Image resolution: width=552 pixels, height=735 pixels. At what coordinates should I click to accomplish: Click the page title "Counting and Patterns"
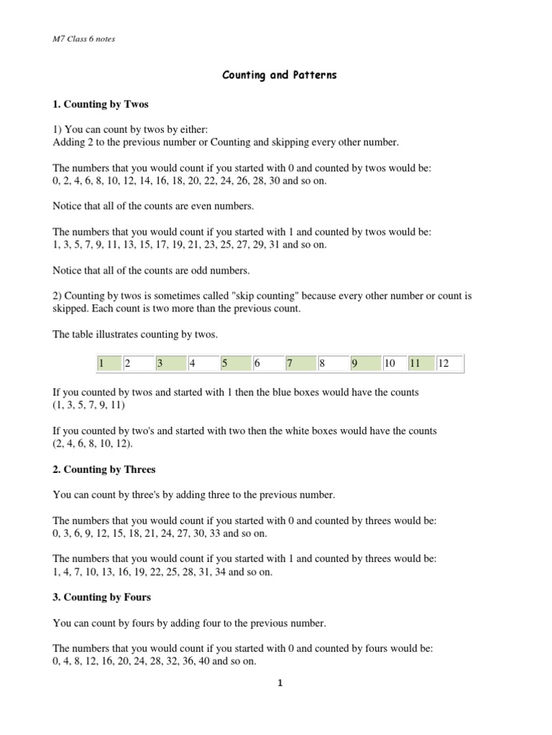click(278, 75)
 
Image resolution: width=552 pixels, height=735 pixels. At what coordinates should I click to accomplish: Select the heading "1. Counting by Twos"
click(101, 104)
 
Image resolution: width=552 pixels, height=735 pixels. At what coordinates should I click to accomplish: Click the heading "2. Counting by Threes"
click(104, 469)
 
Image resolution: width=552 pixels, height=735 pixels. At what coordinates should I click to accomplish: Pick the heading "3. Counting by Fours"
click(101, 596)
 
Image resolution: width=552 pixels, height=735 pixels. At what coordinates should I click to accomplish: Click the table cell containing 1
click(108, 364)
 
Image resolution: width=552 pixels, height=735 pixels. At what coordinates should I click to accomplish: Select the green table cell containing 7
click(300, 364)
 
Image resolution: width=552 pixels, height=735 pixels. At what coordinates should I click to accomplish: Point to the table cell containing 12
click(448, 364)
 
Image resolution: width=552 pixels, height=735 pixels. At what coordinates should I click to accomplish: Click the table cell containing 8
click(332, 364)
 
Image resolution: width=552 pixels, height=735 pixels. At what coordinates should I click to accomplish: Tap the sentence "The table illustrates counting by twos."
click(135, 334)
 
